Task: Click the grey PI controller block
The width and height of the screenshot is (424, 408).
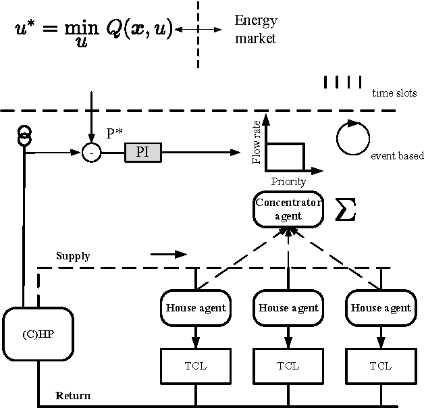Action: pos(142,153)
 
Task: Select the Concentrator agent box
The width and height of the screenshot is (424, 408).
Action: pos(288,210)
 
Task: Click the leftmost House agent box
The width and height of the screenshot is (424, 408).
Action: pos(195,308)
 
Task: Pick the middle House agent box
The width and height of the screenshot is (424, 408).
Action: pos(288,308)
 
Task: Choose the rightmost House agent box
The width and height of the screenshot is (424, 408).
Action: pos(380,308)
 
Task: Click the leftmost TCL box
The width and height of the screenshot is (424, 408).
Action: pos(195,365)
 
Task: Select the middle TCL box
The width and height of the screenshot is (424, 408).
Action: pos(288,365)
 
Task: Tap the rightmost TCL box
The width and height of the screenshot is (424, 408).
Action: pos(380,365)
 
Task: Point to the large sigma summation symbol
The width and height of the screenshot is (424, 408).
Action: pos(345,210)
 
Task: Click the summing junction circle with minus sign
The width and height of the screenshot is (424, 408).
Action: pos(90,153)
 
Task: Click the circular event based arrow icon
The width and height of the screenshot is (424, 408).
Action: pos(350,137)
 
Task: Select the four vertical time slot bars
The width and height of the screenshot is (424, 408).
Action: pos(342,82)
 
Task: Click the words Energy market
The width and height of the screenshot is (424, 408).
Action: pos(255,30)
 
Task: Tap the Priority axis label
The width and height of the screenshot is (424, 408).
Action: pos(288,181)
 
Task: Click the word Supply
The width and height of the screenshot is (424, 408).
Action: pos(73,256)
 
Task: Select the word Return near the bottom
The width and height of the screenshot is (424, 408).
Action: pos(73,395)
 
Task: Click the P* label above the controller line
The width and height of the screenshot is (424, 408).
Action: pos(115,132)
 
